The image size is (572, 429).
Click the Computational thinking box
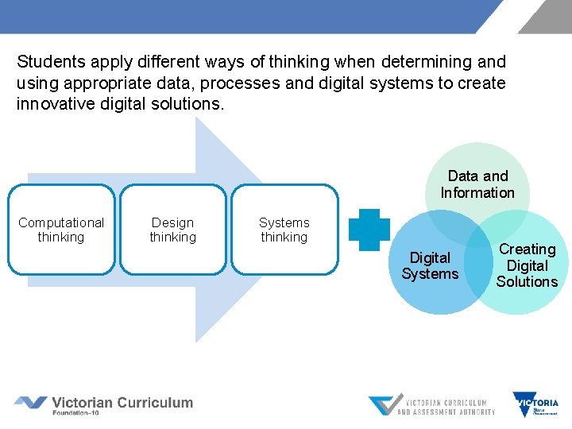[x=61, y=230]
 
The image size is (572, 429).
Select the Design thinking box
[x=172, y=230]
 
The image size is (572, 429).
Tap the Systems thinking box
[x=284, y=230]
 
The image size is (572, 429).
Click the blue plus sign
[x=369, y=230]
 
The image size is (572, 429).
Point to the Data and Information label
[x=477, y=184]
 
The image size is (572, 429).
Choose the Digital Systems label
[x=430, y=265]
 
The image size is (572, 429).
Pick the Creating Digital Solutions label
[x=527, y=265]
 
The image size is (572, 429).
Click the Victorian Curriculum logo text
[x=122, y=402]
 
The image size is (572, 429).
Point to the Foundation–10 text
[x=81, y=413]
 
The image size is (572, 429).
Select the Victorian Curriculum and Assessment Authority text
[x=446, y=405]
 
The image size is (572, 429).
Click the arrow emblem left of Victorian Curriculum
[x=30, y=403]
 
